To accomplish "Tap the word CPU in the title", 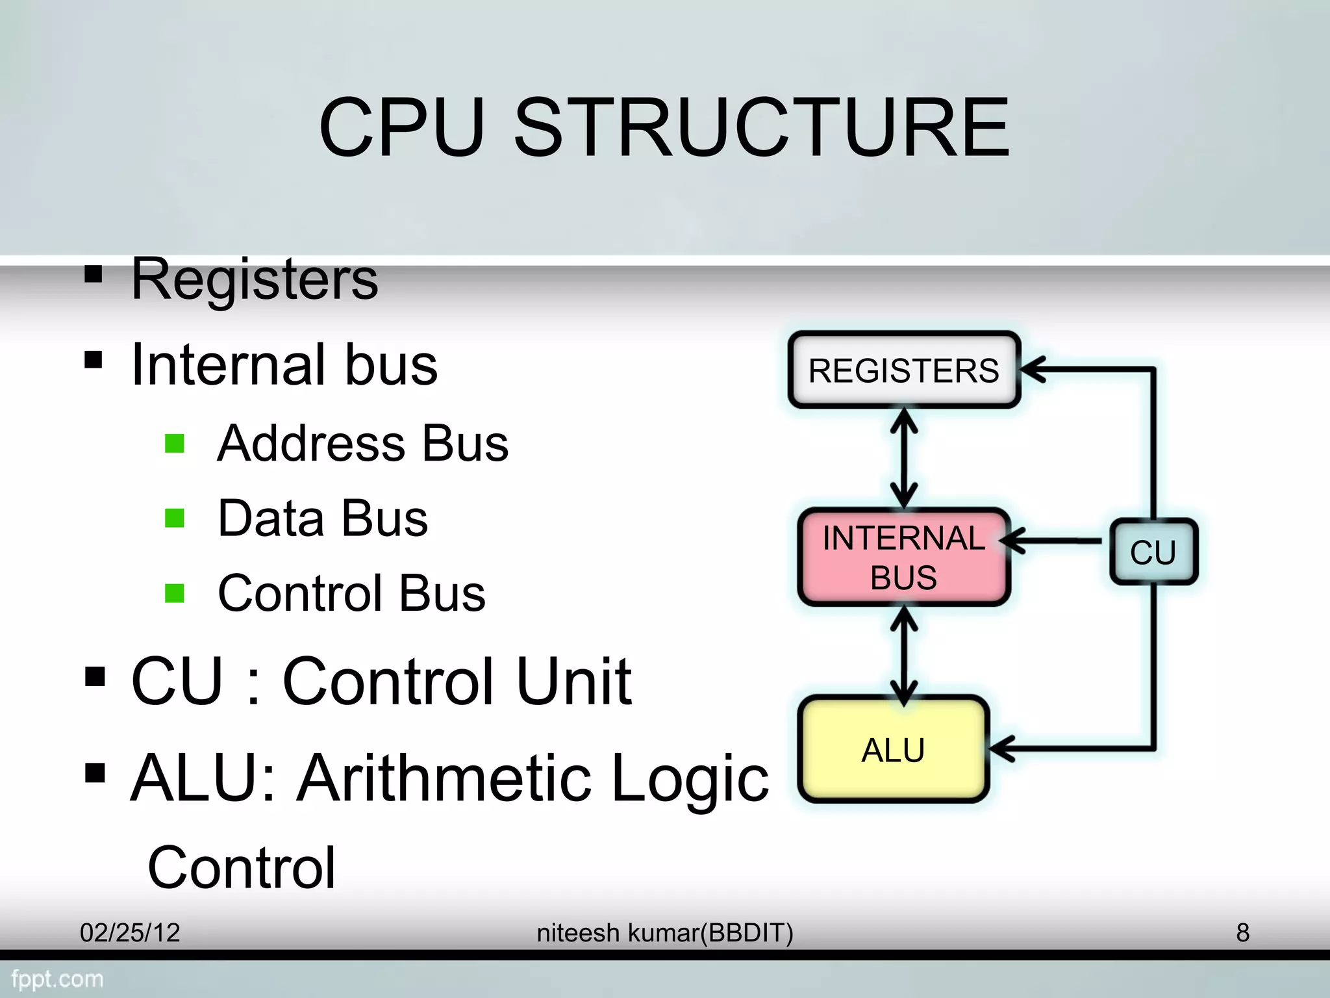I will click(x=402, y=127).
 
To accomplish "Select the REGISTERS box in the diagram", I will click(x=904, y=370).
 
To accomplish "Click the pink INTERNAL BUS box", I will click(x=903, y=557).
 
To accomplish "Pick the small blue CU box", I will click(x=1153, y=552).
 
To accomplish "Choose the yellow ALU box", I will click(x=893, y=750).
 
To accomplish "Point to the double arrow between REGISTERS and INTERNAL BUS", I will click(x=904, y=459).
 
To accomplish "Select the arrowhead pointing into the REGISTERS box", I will click(x=1033, y=370).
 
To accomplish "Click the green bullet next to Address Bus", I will click(x=175, y=444).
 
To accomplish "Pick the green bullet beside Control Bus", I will click(x=175, y=593).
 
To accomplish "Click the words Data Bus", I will click(x=323, y=518).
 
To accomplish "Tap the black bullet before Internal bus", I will click(x=94, y=359).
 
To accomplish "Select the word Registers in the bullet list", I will click(x=255, y=279).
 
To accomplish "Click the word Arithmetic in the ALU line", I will click(x=444, y=778).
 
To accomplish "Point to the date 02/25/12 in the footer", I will click(x=130, y=932).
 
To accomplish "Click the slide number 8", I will click(x=1242, y=932).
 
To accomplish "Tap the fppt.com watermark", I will click(x=57, y=979).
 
